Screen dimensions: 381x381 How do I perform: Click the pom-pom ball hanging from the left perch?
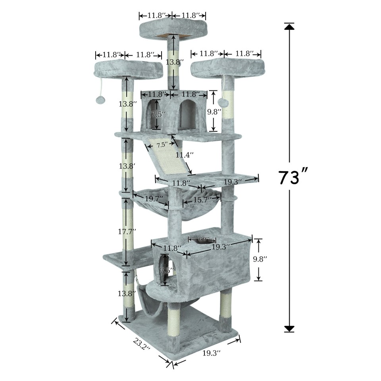[100, 100]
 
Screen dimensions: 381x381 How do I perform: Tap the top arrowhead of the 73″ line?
[289, 27]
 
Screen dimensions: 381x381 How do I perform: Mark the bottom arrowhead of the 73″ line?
[289, 329]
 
